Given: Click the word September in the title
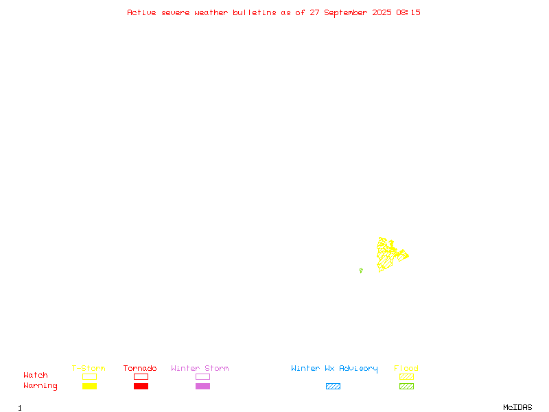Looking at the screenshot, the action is (346, 13).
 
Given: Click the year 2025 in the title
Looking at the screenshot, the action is (382, 12).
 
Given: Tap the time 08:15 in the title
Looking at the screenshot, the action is (408, 12).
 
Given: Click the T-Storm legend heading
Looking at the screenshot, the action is (89, 368).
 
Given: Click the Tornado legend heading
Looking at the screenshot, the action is (140, 368).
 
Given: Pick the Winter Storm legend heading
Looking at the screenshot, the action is (200, 368).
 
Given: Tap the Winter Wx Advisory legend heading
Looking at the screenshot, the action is (334, 369).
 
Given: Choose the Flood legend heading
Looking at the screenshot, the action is (406, 368).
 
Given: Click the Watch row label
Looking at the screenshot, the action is (36, 375).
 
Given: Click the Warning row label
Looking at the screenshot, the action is (40, 386).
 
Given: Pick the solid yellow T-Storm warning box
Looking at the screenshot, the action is (90, 386).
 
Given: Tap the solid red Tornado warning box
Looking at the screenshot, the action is (141, 386).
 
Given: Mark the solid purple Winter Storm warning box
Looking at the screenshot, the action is (202, 386).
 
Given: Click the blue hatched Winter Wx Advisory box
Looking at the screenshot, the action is (333, 386).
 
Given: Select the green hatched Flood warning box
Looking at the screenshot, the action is (406, 386).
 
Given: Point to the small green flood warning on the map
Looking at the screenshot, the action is (361, 271).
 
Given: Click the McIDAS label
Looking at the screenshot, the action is (517, 407).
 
